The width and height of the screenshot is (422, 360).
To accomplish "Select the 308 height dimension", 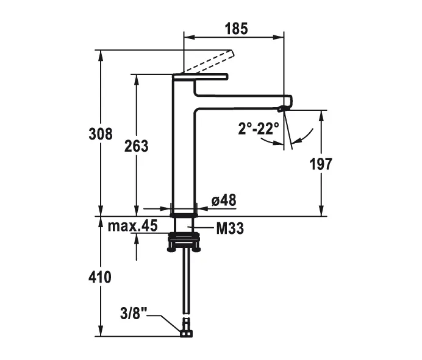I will point(101,133).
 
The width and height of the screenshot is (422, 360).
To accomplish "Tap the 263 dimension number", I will point(137,146).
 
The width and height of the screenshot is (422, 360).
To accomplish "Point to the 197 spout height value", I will point(321,163).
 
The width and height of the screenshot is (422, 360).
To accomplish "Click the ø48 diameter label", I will point(223,200).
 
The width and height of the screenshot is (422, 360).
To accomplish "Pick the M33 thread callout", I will point(230,228).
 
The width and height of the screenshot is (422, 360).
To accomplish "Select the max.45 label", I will point(132,226).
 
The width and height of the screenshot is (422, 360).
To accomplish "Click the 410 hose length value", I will point(100,277).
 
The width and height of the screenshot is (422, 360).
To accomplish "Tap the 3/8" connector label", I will point(134,314).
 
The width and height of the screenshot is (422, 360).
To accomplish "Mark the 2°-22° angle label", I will point(258,129).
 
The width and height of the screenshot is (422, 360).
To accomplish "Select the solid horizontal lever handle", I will point(201,77).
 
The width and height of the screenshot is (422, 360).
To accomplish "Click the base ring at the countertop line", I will point(184,215).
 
